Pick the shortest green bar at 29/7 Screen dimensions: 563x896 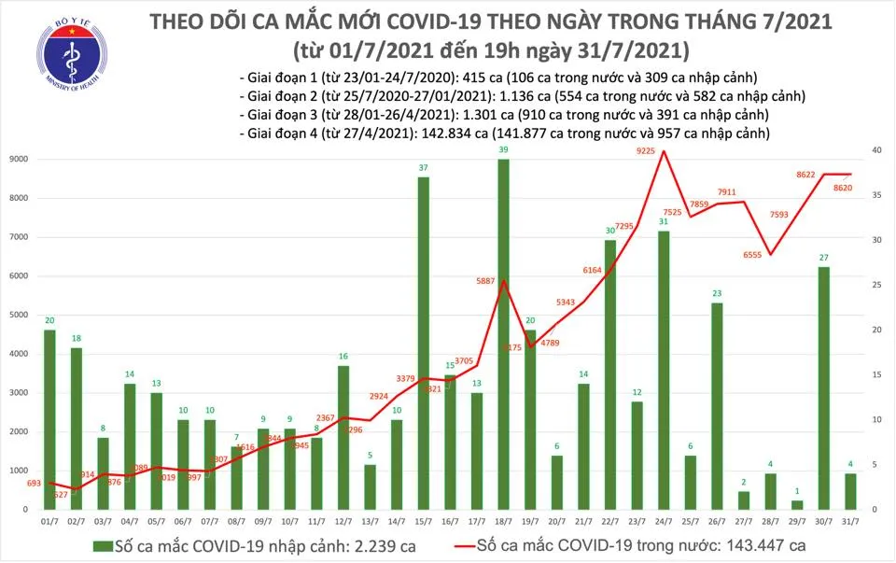click(796, 504)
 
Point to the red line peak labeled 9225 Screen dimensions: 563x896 click(664, 150)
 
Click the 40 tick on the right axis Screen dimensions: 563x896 click(876, 150)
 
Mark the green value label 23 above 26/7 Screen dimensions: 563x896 click(717, 293)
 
